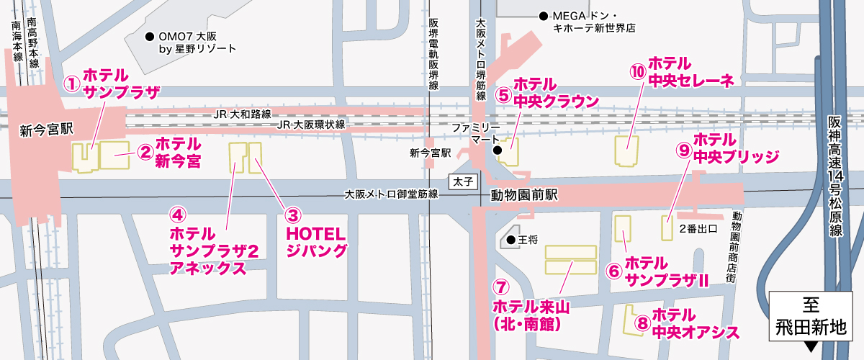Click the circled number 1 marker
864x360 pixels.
[71, 84]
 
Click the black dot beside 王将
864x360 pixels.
[510, 240]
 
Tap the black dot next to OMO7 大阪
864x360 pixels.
[149, 36]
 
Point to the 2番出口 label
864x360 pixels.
[699, 230]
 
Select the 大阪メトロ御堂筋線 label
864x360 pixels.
[391, 194]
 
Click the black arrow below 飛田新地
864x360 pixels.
[811, 347]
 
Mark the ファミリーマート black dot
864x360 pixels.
[497, 150]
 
